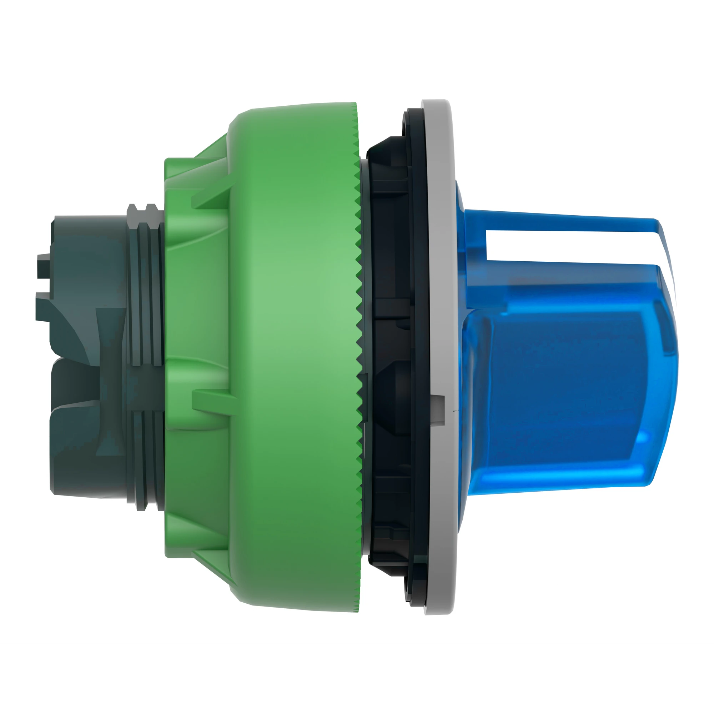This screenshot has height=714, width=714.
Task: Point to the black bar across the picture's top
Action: coord(357,33)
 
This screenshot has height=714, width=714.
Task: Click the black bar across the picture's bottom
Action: coord(357,680)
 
